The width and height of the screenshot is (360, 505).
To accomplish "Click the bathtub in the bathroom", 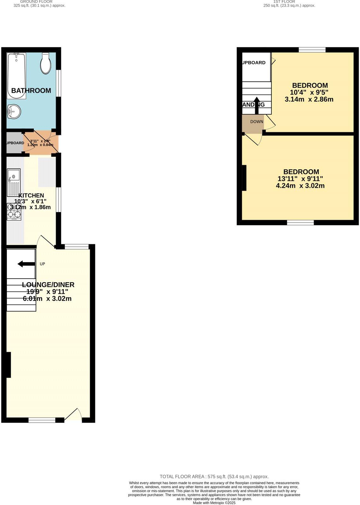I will click(x=16, y=76).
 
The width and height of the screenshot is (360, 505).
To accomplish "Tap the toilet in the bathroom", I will click(x=46, y=63).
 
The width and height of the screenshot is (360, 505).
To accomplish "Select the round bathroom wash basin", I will click(x=14, y=111).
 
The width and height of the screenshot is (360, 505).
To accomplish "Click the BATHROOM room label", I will click(x=31, y=91).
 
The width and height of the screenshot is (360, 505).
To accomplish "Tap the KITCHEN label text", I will click(x=31, y=195).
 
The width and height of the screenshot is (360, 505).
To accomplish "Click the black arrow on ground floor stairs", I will click(x=26, y=264).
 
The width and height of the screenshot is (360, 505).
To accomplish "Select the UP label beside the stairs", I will click(x=42, y=264).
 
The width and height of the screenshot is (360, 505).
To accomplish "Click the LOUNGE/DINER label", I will click(x=48, y=285).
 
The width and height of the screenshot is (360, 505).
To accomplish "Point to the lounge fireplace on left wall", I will click(x=9, y=365).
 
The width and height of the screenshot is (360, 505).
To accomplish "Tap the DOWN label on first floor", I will click(x=257, y=122).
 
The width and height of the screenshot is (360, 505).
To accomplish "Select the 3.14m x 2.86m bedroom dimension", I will click(x=309, y=99).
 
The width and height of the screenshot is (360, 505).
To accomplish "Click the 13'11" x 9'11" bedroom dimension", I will click(x=300, y=179).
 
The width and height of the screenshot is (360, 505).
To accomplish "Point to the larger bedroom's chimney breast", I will click(x=244, y=178).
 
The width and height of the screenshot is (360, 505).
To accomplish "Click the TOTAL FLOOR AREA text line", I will click(x=214, y=477).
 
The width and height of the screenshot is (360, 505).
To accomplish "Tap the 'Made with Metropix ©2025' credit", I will click(x=214, y=503).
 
